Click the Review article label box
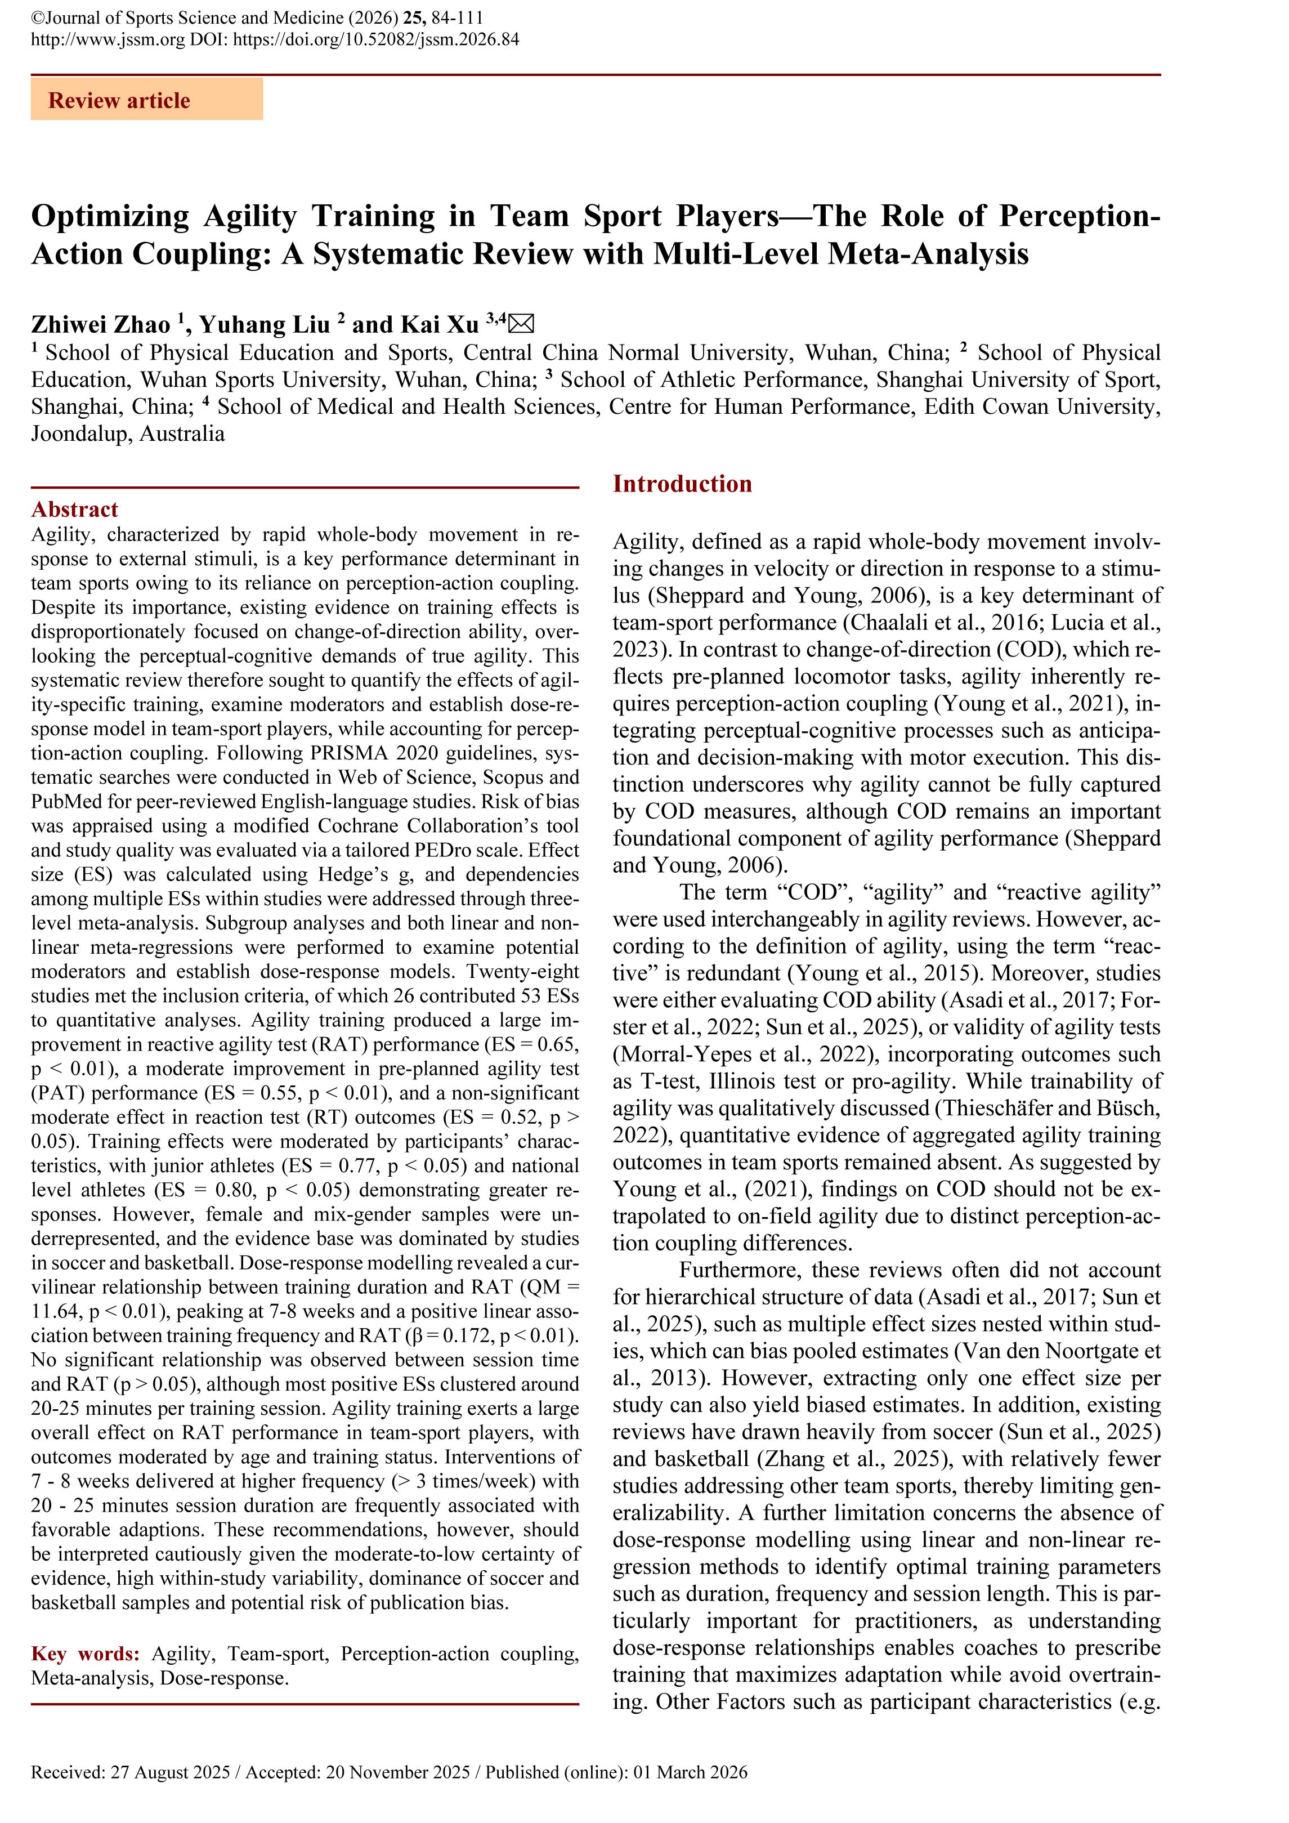147,100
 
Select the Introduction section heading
682,484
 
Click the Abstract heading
75,509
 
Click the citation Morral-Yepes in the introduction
683,1055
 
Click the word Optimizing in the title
110,216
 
